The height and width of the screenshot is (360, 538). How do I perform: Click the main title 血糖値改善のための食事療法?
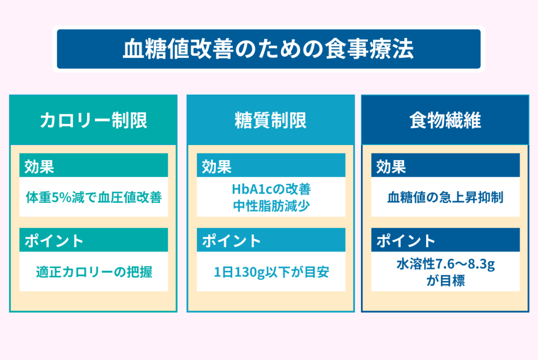268,49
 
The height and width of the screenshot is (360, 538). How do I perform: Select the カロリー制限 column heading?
94,120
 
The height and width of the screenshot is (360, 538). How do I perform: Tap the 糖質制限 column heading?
271,120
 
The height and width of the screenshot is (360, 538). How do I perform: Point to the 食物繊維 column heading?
446,120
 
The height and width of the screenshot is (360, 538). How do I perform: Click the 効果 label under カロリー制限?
39,167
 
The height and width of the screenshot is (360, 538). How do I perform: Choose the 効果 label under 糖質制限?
216,167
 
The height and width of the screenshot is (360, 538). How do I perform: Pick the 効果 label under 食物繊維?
391,167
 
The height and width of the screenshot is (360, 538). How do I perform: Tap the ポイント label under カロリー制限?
54,241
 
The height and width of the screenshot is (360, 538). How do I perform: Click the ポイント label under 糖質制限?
231,241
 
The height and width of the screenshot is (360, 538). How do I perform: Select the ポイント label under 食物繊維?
406,241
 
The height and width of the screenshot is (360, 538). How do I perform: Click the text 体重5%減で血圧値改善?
94,197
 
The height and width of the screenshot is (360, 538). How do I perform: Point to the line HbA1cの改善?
272,189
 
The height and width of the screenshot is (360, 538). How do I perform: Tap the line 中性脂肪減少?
272,206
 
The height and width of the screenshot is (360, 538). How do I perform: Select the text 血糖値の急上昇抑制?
446,197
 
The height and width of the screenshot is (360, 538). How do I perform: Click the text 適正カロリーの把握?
94,272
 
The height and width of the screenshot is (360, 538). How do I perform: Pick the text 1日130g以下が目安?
272,272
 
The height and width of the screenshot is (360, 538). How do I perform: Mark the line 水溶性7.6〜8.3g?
446,264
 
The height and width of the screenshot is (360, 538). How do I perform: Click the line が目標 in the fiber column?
446,281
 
